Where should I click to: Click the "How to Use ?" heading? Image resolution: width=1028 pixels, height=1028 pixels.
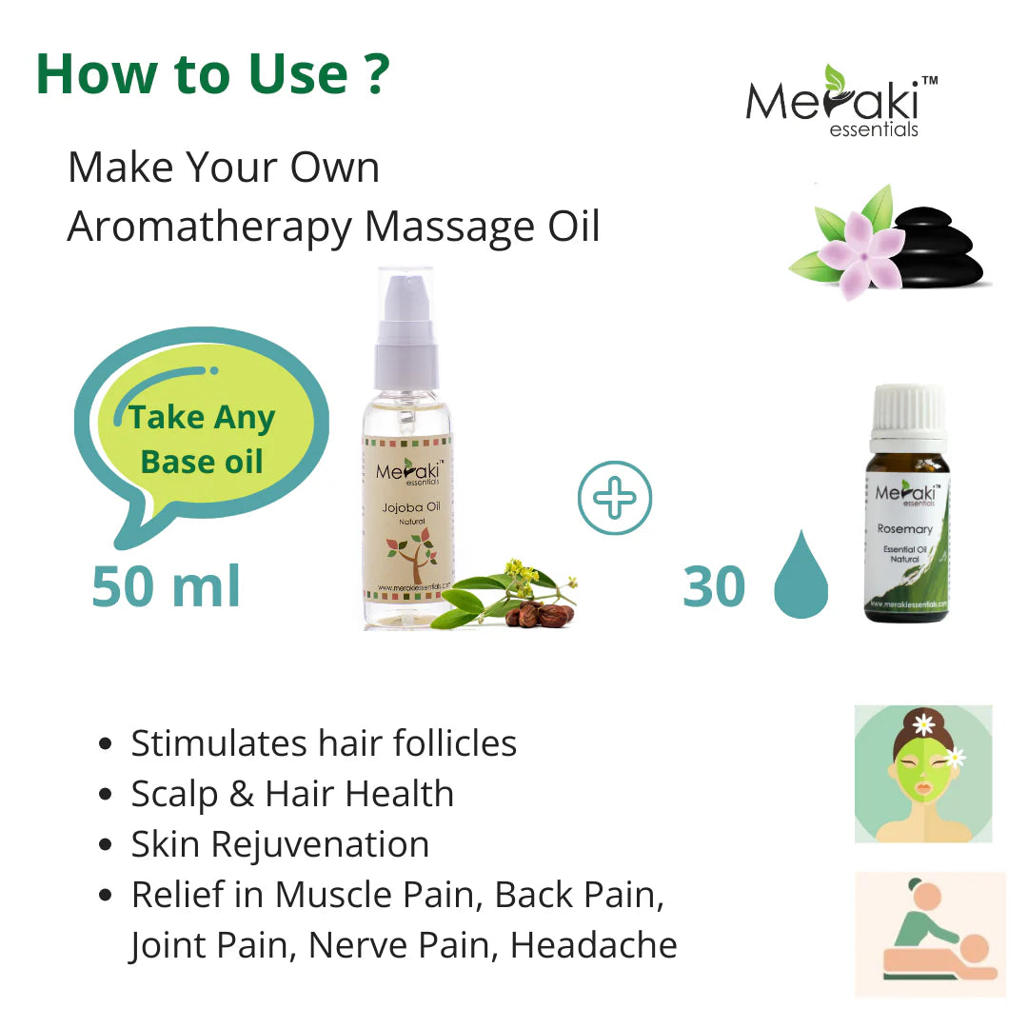212,74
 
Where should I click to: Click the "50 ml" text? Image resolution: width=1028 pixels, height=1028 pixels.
167,586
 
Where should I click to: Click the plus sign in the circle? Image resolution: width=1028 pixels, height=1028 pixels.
615,498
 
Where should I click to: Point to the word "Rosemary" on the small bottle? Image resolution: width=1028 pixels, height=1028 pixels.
904,528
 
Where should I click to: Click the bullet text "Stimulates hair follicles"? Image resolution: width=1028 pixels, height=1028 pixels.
324,743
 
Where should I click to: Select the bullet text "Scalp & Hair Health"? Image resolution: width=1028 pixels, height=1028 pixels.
292,794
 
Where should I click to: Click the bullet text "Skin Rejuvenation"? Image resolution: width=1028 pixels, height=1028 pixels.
280,844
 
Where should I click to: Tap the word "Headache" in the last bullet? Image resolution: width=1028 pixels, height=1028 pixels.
594,945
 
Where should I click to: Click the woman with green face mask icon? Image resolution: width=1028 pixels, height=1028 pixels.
923,773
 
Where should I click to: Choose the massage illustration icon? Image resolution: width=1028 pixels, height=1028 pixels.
930,934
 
